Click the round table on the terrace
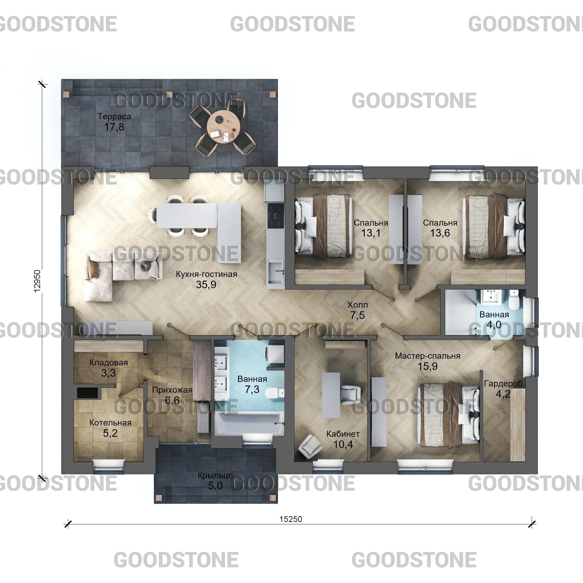pos(224,125)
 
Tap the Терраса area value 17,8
pos(114,127)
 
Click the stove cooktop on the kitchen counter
pos(276,216)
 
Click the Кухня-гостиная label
pos(206,274)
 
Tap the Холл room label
pos(358,305)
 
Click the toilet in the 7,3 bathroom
pos(274,393)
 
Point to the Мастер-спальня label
pos(428,356)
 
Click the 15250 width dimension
pos(291,519)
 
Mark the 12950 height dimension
pos(37,281)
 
